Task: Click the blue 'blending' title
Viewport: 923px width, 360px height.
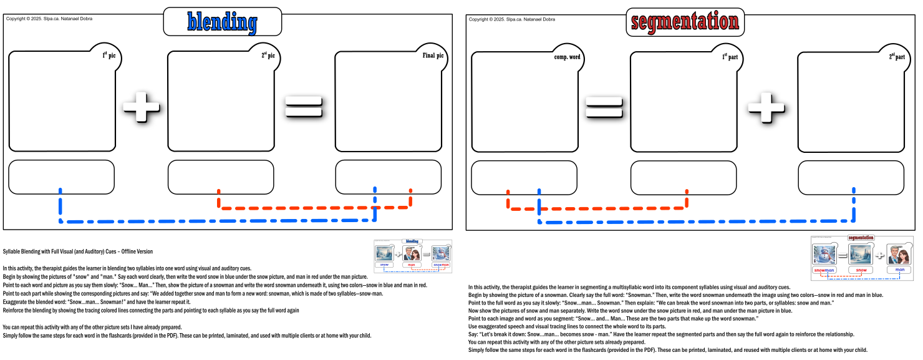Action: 222,22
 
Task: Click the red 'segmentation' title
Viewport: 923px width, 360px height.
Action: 685,22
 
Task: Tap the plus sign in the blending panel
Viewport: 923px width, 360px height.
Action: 142,107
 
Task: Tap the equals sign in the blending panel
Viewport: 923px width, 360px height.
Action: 304,107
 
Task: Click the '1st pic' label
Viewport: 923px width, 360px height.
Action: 109,56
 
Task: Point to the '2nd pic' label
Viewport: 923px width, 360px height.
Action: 268,56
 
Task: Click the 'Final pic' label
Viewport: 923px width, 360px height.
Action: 433,56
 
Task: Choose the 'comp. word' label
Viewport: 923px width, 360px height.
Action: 567,57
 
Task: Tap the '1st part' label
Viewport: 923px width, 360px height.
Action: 730,57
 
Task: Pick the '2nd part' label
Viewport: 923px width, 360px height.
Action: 896,57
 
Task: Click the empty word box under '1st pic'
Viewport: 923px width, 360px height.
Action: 61,177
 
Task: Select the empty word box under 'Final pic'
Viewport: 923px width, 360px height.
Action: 388,177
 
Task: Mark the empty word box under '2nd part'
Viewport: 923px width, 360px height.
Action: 851,177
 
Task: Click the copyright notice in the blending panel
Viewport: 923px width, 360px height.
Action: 49,19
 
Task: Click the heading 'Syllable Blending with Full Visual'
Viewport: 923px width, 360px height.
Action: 78,251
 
